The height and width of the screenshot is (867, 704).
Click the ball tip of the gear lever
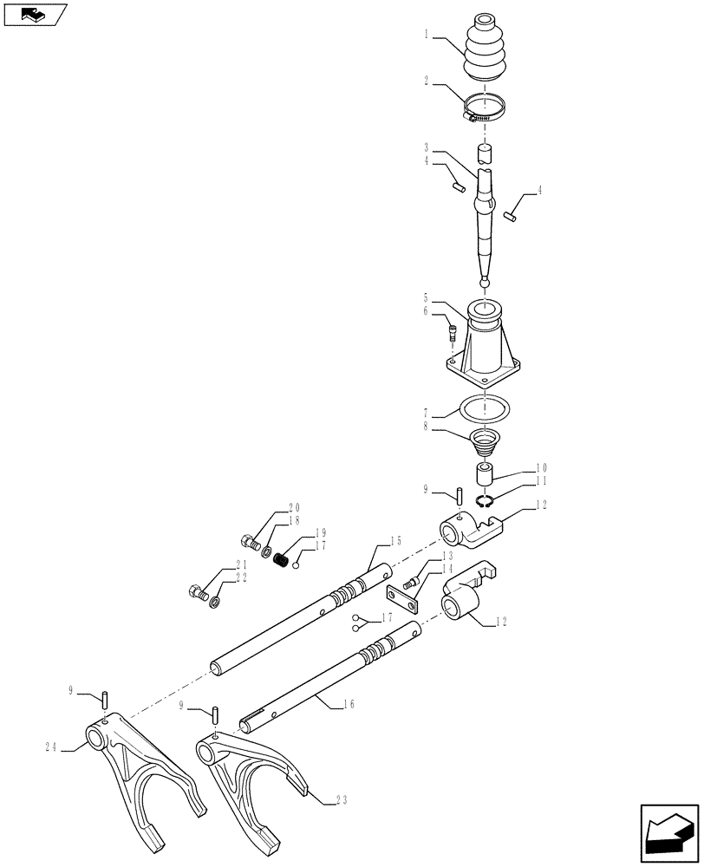click(x=484, y=281)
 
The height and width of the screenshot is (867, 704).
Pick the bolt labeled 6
click(x=452, y=330)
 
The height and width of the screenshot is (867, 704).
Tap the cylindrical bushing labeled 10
click(x=484, y=474)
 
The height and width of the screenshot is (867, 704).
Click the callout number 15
click(x=395, y=541)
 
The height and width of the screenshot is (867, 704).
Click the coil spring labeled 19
click(x=280, y=559)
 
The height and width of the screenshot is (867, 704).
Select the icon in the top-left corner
click(x=35, y=14)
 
